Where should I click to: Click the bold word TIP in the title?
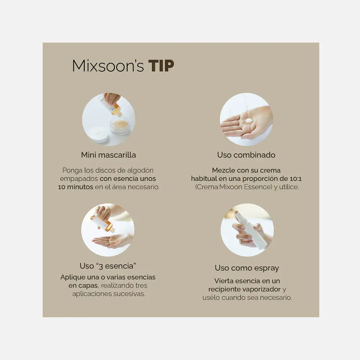pos(161,66)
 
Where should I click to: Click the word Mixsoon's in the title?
pos(108,66)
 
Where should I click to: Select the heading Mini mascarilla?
pos(108,155)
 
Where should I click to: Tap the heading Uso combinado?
pos(246,155)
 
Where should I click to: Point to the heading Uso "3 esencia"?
pos(108,266)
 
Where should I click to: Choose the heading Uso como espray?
pos(247,268)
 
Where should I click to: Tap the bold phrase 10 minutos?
pos(75,187)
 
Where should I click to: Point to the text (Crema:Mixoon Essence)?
pos(234,187)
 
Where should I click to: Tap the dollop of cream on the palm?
pos(249,120)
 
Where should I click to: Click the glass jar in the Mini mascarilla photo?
pos(120,125)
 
